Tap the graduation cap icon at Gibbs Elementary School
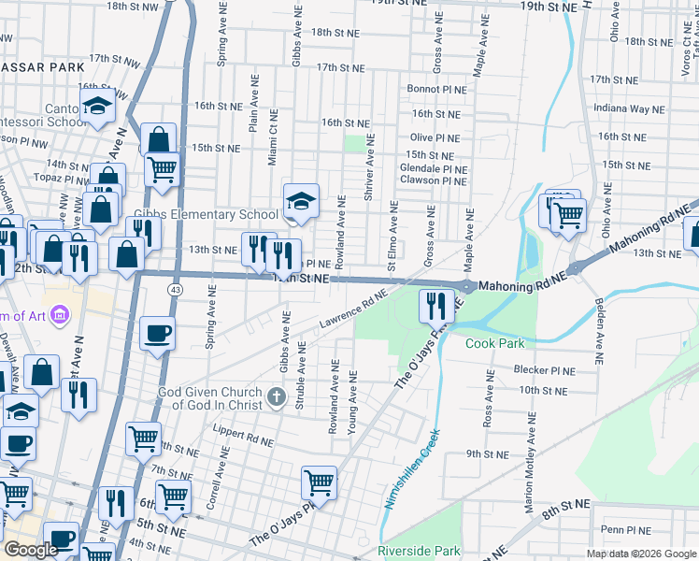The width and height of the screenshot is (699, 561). tap(301, 201)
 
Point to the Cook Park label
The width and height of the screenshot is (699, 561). tap(495, 343)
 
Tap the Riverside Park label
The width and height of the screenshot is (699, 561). tap(419, 552)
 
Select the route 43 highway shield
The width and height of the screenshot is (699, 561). tap(176, 290)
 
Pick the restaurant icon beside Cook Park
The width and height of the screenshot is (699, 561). tap(436, 305)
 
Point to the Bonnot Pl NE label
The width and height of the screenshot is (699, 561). tap(436, 89)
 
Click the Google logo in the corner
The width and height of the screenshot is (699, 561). tap(31, 550)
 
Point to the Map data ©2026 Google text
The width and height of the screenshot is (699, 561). tap(641, 554)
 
